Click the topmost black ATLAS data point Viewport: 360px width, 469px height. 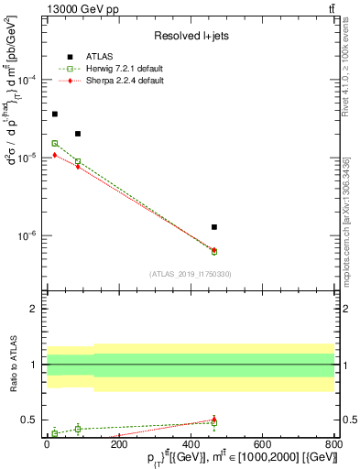[55, 114]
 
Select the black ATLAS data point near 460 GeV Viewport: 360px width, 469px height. [214, 226]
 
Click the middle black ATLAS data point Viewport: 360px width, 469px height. [78, 134]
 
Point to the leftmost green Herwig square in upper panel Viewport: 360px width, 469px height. [55, 143]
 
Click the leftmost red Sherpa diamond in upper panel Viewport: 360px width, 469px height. [55, 155]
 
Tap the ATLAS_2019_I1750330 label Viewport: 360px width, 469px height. [191, 274]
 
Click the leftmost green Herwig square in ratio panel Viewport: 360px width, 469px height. [55, 432]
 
